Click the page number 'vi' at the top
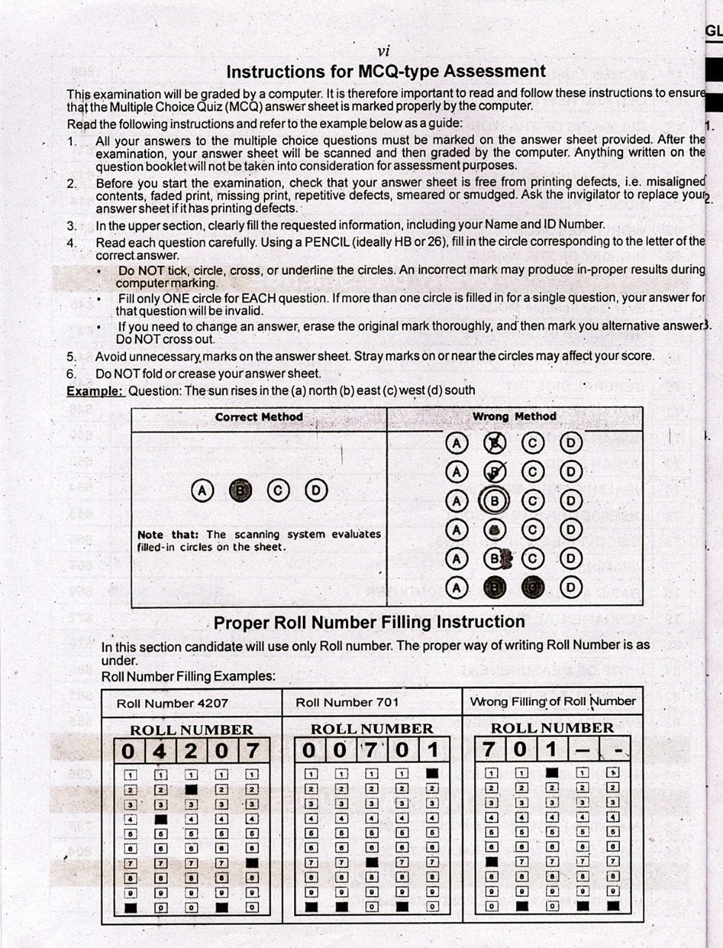click(x=383, y=51)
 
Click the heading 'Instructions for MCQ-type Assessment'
click(x=385, y=72)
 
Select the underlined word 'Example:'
click(x=95, y=390)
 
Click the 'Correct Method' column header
click(x=259, y=417)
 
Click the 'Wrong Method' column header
click(x=514, y=417)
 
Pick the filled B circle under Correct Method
click(x=240, y=490)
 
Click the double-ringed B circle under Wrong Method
click(x=494, y=501)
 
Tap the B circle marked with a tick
click(x=494, y=472)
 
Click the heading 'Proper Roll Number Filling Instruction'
click(x=369, y=622)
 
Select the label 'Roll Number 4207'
click(x=173, y=703)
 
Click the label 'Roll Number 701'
click(x=347, y=702)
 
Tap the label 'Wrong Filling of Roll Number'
click(x=553, y=701)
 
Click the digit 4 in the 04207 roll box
click(x=159, y=750)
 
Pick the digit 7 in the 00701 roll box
click(x=370, y=750)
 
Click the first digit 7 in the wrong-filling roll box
click(x=489, y=750)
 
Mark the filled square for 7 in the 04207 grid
click(x=252, y=863)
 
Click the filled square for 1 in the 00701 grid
click(x=433, y=773)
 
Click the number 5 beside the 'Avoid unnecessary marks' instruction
click(x=72, y=357)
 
